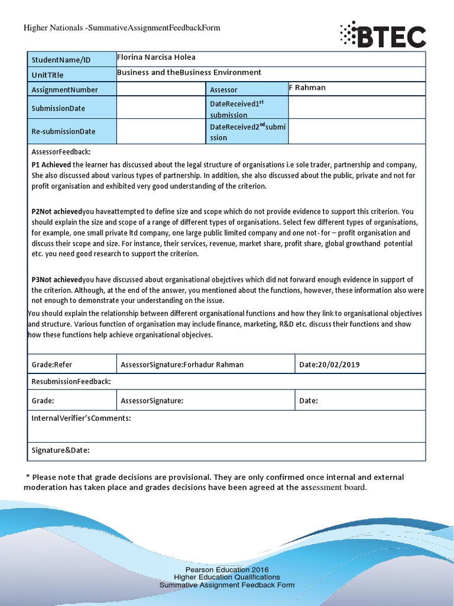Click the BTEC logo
(x=382, y=36)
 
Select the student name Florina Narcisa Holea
(x=156, y=57)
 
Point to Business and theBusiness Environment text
(x=189, y=72)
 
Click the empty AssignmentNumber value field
(x=160, y=89)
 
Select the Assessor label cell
(x=223, y=90)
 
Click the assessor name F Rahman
(x=307, y=88)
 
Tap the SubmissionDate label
(x=58, y=108)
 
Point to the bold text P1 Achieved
(x=51, y=165)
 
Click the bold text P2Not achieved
(x=57, y=211)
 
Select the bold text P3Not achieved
(x=57, y=279)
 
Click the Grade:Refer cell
(x=52, y=365)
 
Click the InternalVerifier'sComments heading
(x=81, y=418)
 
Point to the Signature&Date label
(x=60, y=450)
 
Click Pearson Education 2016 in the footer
(x=226, y=569)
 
